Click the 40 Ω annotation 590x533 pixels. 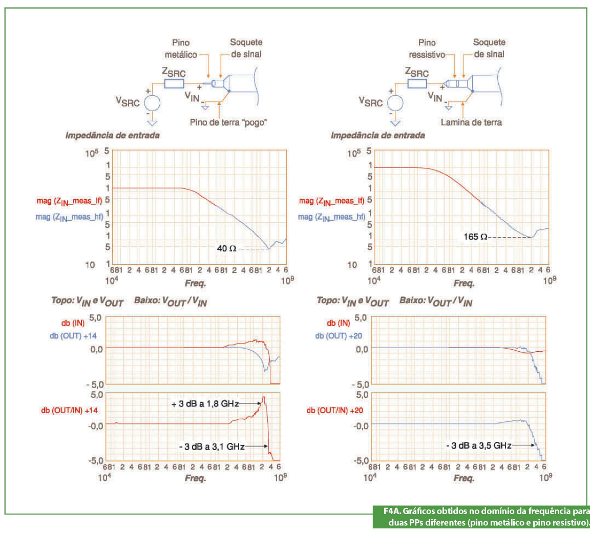click(x=226, y=248)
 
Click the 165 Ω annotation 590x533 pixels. click(x=475, y=237)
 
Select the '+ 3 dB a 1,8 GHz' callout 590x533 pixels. click(x=205, y=403)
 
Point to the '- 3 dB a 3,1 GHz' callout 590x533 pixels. click(x=211, y=446)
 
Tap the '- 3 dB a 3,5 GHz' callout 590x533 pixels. click(x=478, y=445)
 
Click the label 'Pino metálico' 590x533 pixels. click(x=180, y=49)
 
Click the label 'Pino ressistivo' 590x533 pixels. click(x=427, y=49)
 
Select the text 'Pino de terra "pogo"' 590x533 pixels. click(x=228, y=122)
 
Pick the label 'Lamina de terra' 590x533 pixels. click(x=471, y=122)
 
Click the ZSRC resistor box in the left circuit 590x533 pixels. click(x=174, y=84)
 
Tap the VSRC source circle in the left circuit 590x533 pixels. click(x=152, y=103)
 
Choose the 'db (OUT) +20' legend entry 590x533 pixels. click(x=339, y=335)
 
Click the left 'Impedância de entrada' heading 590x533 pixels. click(x=112, y=136)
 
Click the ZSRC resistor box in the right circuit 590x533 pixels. click(x=417, y=84)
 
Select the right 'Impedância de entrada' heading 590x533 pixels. click(x=377, y=136)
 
